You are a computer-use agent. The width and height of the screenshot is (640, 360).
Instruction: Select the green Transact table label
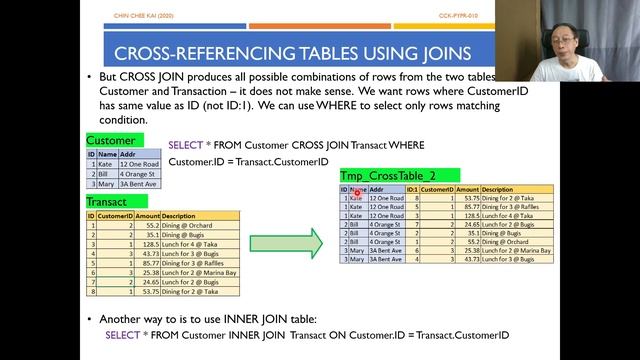107,203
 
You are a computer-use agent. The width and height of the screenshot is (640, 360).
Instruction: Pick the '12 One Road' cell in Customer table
138,164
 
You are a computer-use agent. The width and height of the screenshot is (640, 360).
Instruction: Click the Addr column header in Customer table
128,154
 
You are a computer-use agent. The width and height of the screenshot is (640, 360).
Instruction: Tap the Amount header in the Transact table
147,216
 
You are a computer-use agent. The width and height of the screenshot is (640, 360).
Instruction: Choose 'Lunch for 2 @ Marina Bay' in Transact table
199,272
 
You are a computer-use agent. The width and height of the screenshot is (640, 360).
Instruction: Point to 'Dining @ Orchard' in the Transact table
186,226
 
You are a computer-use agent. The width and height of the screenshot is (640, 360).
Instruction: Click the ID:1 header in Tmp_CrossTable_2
411,189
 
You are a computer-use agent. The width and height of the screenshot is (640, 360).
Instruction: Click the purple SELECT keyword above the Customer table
184,145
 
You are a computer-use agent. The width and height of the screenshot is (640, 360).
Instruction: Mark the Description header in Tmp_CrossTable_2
497,189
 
